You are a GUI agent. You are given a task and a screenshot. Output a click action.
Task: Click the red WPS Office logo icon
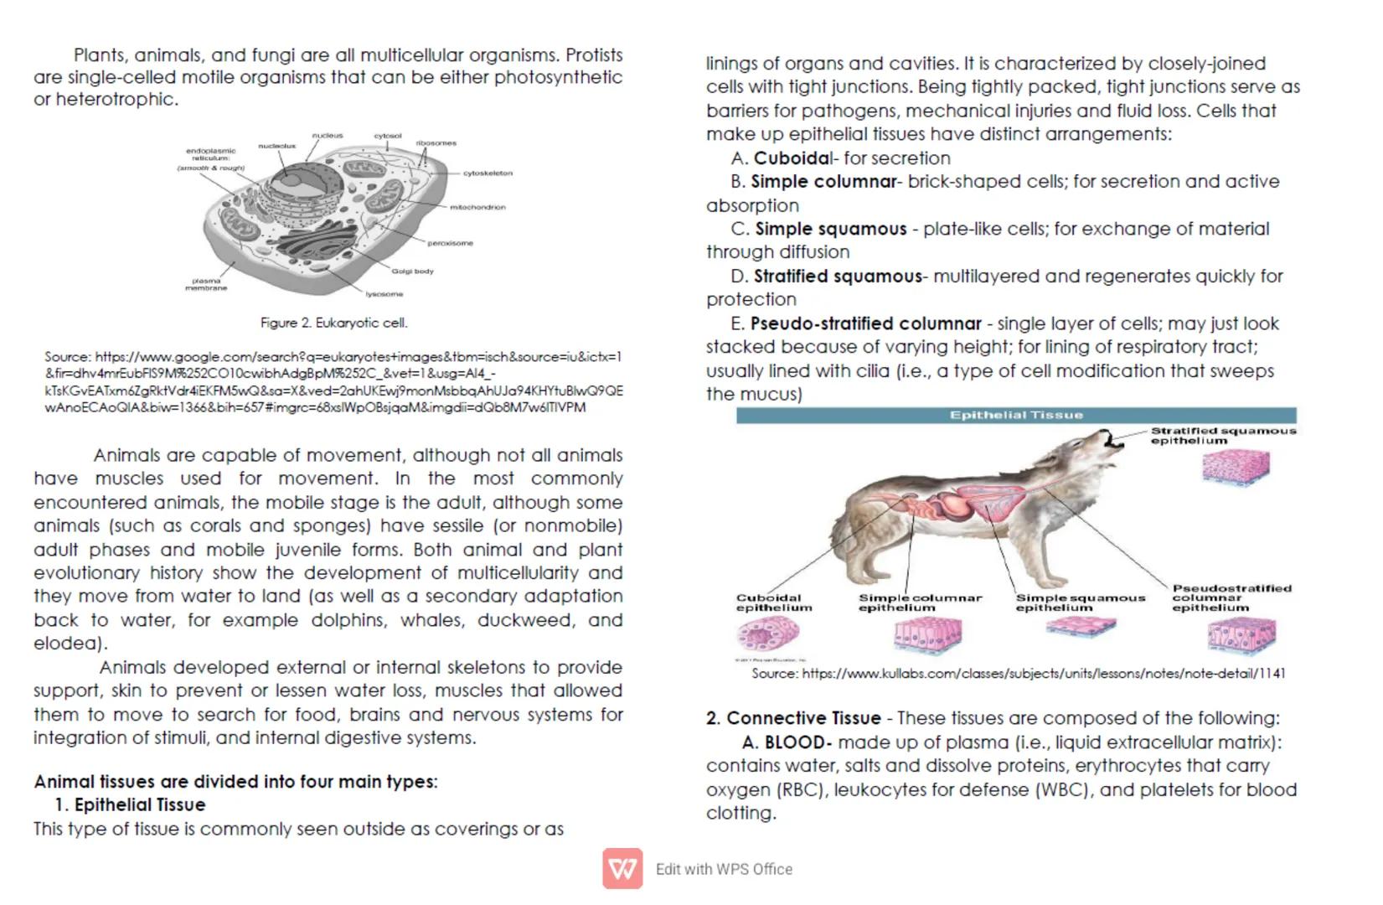point(622,868)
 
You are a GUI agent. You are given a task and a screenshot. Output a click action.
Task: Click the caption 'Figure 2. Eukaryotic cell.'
point(333,323)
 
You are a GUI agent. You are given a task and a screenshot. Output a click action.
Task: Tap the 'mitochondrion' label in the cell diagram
point(477,207)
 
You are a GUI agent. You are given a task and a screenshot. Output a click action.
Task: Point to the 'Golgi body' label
point(412,271)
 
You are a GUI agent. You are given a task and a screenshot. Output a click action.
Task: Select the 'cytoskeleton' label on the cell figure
point(488,173)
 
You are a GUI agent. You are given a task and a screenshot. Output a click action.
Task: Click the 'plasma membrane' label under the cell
point(206,285)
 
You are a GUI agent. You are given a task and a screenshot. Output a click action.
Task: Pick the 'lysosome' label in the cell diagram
point(384,294)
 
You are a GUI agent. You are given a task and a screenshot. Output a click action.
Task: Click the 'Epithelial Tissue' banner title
point(1015,415)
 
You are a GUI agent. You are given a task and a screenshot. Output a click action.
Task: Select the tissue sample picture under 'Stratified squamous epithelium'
point(1236,467)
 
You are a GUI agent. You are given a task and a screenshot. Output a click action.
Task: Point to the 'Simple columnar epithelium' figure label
point(919,602)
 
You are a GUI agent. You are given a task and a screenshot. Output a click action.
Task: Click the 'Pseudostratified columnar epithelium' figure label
point(1231,598)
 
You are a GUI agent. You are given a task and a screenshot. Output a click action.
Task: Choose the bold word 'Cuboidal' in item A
point(792,158)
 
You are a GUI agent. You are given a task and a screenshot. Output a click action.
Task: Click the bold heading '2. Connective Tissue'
point(793,718)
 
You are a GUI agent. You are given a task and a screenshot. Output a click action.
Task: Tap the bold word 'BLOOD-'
point(797,742)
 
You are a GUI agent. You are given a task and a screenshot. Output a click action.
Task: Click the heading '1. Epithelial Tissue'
point(130,805)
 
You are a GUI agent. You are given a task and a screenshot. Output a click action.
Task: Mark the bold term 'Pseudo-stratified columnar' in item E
point(865,323)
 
